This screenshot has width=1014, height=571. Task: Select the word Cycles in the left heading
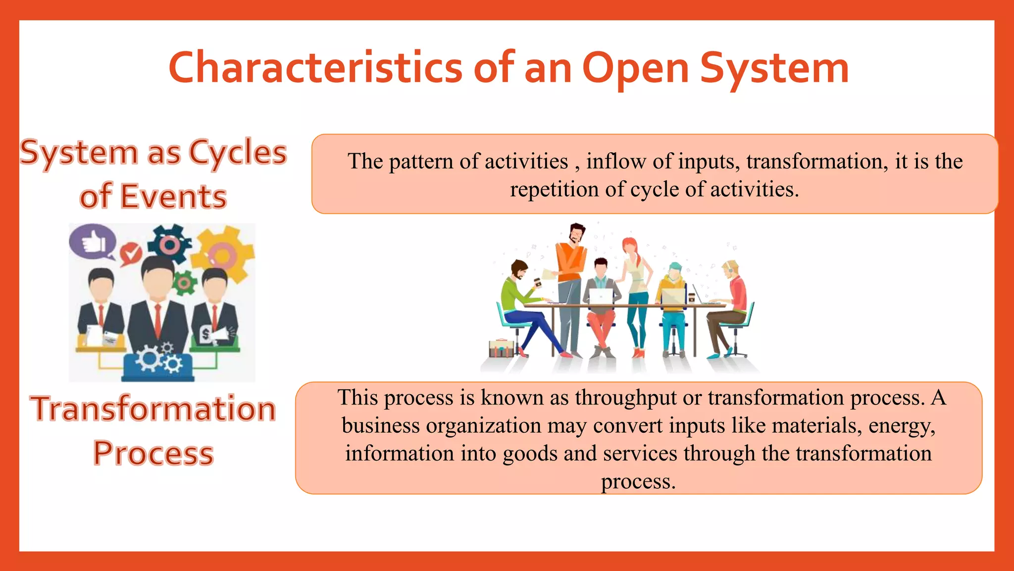pyautogui.click(x=238, y=153)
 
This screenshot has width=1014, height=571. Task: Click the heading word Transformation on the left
pyautogui.click(x=153, y=409)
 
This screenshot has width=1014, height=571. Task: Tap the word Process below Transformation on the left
pyautogui.click(x=153, y=454)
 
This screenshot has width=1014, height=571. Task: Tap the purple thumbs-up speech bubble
pyautogui.click(x=92, y=242)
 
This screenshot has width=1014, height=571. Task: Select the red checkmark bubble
pyautogui.click(x=131, y=254)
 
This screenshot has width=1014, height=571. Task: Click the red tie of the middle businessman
pyautogui.click(x=157, y=319)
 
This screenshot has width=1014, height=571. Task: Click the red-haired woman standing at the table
pyautogui.click(x=636, y=292)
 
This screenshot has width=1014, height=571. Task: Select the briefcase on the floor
pyautogui.click(x=501, y=348)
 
